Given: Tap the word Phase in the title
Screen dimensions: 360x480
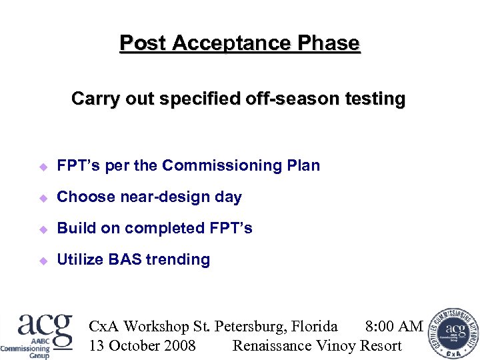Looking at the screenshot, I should (329, 43).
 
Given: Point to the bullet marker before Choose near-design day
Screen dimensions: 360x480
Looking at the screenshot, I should (41, 197).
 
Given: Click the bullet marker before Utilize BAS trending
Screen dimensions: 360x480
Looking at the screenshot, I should (41, 260).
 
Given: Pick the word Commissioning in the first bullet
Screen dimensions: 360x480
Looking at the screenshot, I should (223, 165).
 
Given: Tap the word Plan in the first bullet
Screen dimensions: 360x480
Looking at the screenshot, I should (304, 165).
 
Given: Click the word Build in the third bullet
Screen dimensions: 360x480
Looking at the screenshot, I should (74, 229).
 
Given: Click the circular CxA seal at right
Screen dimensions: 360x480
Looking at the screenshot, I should (453, 333).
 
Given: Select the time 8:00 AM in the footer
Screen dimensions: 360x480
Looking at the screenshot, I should (394, 327).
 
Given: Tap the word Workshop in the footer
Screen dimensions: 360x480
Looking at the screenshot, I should (157, 327).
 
